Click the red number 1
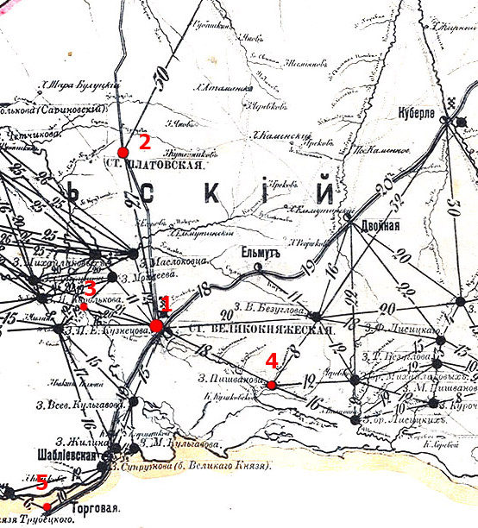[167, 305]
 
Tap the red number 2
[144, 141]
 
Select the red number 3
[90, 289]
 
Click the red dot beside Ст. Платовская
[123, 153]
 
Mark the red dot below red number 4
[271, 385]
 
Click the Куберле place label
[414, 112]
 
